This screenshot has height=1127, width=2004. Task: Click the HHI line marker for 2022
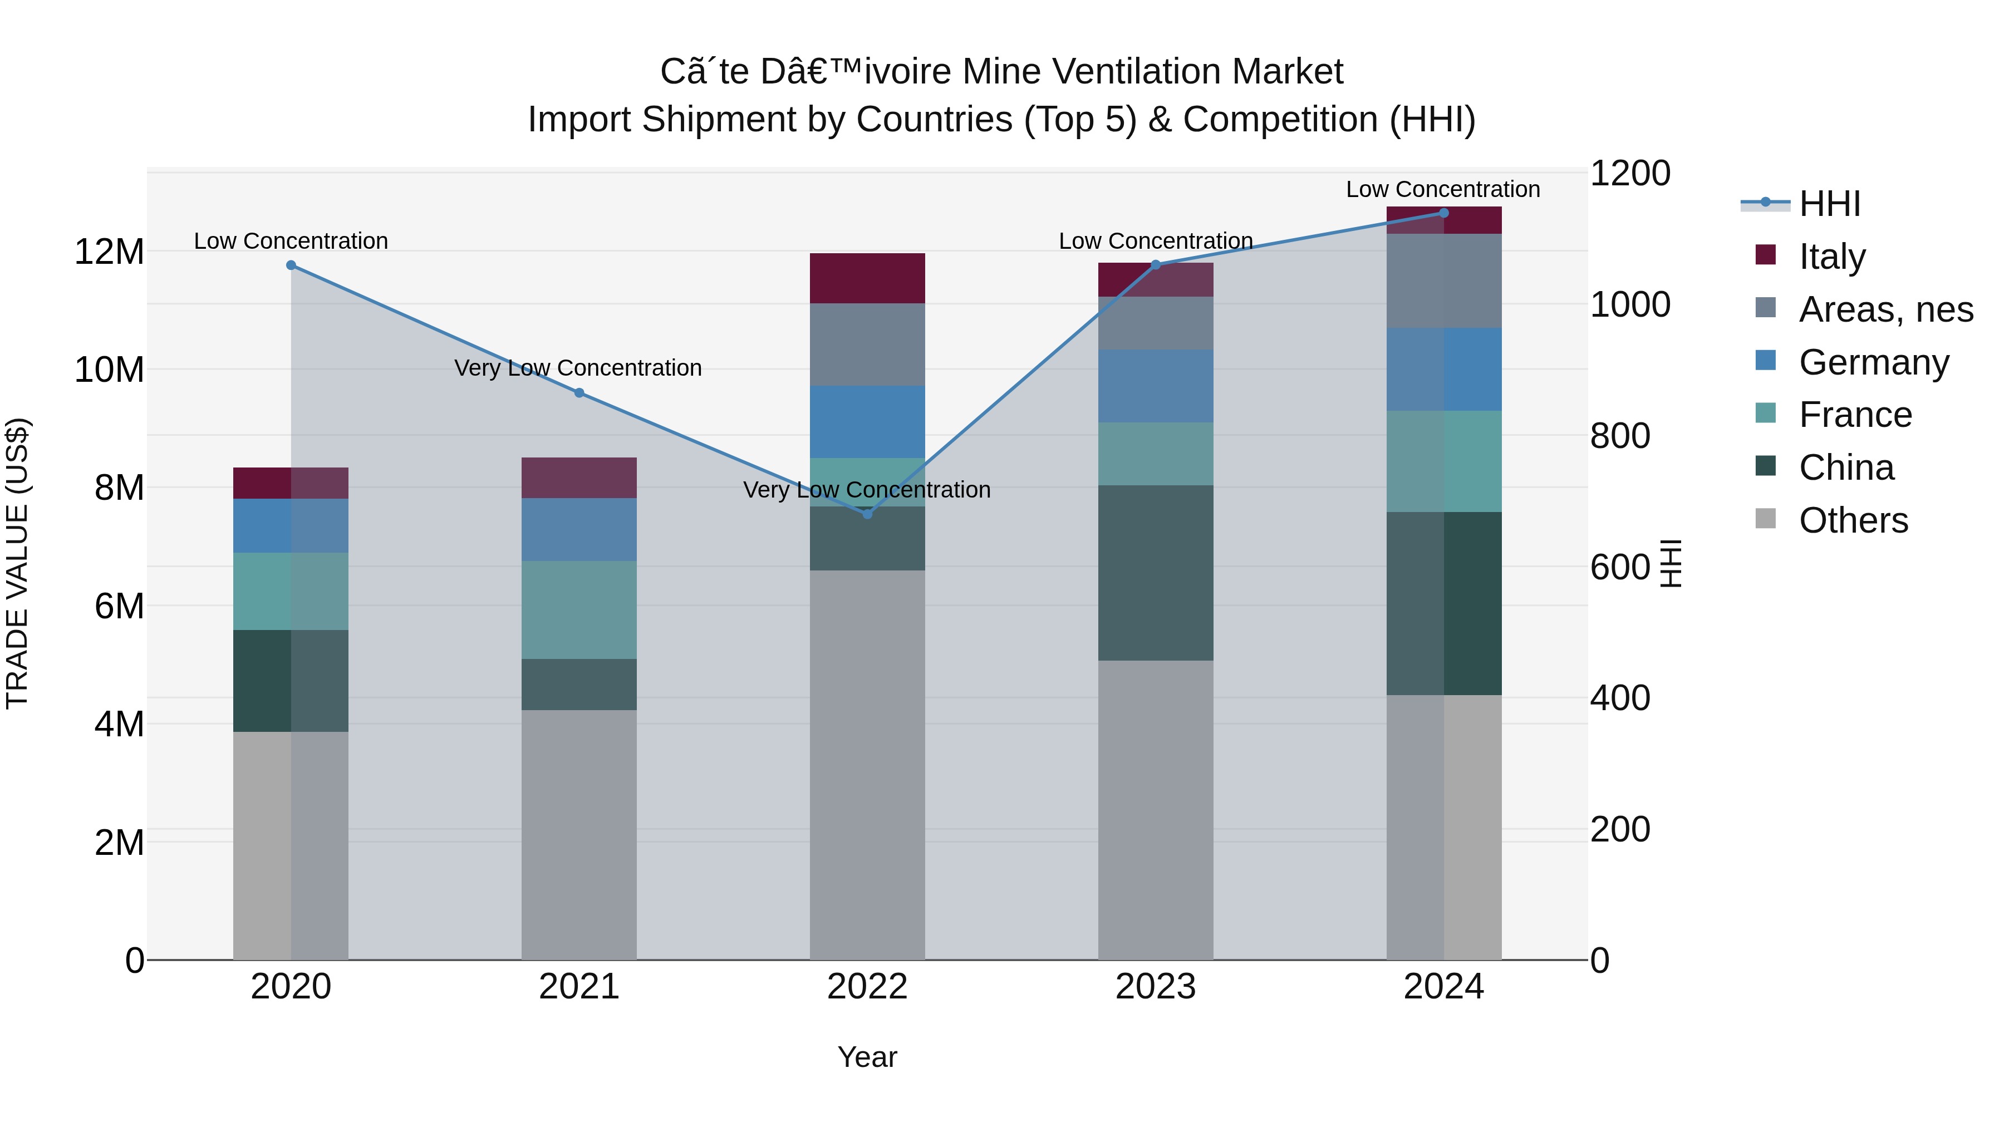[867, 514]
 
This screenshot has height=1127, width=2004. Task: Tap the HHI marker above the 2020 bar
[291, 265]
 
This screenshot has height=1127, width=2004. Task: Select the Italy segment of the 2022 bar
[867, 278]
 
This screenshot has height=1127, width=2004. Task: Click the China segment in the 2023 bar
[1155, 573]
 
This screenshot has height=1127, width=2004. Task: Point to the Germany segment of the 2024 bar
[1444, 370]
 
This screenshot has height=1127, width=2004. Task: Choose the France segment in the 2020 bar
[291, 591]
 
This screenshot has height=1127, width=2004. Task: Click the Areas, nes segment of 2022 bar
[867, 345]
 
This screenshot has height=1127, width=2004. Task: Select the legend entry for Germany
[1873, 362]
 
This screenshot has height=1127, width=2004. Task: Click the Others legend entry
[1853, 520]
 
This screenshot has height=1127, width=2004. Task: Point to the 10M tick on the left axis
[109, 370]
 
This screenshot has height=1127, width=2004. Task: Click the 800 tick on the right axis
[1620, 436]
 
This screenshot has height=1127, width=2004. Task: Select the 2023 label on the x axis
[1155, 987]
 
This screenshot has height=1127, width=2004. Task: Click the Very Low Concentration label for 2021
[578, 368]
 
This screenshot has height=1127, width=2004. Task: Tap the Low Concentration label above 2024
[1442, 189]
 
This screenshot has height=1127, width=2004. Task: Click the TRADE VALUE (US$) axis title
[17, 563]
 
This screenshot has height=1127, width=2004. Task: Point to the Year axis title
[867, 1057]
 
